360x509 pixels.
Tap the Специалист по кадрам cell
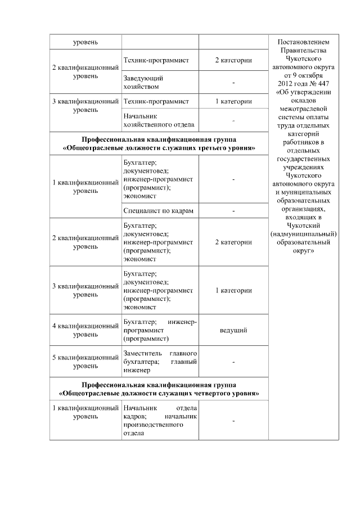[x=159, y=210]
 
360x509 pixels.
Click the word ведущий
[x=233, y=330]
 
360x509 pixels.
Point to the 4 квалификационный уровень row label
[x=85, y=330]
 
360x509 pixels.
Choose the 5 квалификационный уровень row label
[x=85, y=362]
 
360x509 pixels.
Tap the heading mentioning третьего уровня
[x=159, y=144]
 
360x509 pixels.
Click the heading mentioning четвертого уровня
[x=159, y=389]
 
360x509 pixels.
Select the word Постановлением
[x=303, y=43]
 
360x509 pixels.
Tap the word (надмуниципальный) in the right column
[x=303, y=233]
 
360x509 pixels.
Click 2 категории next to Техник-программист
[x=233, y=60]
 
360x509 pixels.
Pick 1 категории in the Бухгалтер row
[x=233, y=291]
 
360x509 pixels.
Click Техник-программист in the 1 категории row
[x=156, y=101]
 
